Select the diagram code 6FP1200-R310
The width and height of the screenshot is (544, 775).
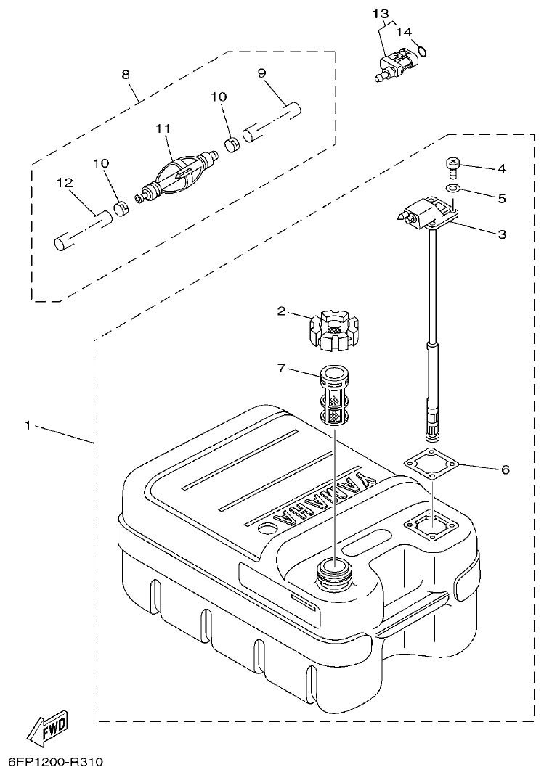55,762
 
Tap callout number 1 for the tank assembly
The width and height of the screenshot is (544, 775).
28,425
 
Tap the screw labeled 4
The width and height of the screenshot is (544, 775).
452,167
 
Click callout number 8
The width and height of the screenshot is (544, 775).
126,74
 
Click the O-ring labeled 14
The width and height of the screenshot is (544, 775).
421,51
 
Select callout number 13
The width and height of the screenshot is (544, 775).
381,14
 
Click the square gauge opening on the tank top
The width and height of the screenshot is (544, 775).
434,522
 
